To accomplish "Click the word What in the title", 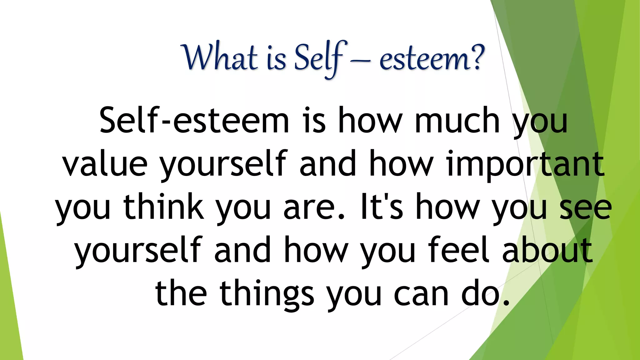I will [x=221, y=58].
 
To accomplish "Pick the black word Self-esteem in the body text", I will [x=194, y=121].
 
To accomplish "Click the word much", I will [x=457, y=121].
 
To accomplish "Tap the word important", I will [x=525, y=164].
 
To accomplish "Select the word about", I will [x=547, y=250].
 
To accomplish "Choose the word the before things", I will [x=181, y=294].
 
